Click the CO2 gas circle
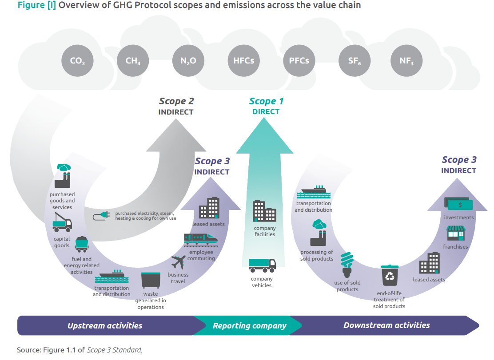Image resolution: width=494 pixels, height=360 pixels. click(x=78, y=61)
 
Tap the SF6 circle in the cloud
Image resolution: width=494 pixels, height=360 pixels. click(x=354, y=61)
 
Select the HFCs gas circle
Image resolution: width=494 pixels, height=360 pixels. click(x=243, y=61)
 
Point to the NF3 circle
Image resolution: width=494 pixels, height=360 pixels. click(x=406, y=61)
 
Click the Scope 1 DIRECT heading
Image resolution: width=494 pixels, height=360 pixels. click(x=266, y=106)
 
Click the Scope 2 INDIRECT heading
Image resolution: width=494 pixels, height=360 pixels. click(x=176, y=107)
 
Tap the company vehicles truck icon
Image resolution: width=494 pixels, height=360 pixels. click(x=262, y=265)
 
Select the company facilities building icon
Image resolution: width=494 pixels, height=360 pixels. click(x=264, y=211)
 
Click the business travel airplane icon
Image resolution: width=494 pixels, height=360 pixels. click(x=178, y=262)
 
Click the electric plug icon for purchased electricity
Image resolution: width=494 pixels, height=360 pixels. click(x=101, y=216)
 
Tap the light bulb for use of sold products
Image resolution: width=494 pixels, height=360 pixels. click(x=347, y=265)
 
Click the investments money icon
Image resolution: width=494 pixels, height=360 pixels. click(x=459, y=204)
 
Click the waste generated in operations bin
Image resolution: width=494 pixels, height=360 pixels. click(x=150, y=281)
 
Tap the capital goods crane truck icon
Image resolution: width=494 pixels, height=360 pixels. click(x=62, y=222)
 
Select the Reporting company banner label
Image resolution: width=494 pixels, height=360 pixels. click(x=249, y=326)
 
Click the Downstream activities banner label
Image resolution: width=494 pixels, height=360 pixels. click(x=386, y=325)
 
